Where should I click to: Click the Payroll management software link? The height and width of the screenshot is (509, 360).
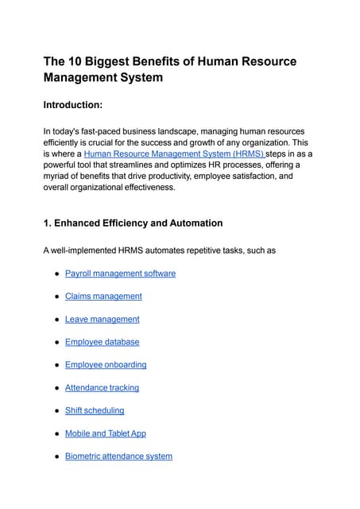[120, 274]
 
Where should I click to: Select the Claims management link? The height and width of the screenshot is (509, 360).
[103, 296]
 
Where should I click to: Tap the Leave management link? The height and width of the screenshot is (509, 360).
[102, 319]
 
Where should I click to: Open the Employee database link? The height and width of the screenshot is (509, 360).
[102, 342]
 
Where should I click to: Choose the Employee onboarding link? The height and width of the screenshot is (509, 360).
[106, 364]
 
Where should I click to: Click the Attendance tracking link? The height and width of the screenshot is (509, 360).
[102, 387]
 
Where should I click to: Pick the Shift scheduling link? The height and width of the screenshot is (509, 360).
[95, 410]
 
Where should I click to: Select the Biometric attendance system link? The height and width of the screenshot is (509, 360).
[118, 457]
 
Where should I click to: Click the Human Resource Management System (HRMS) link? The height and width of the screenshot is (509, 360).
[173, 153]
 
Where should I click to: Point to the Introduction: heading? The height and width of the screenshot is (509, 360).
[77, 105]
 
